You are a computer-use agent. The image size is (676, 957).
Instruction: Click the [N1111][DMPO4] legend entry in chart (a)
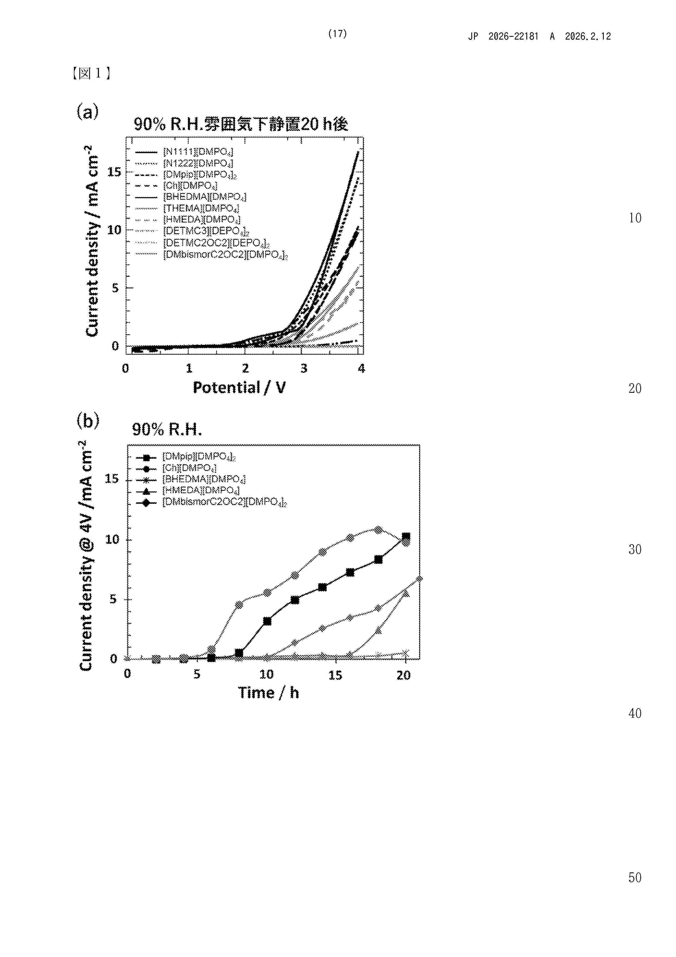(x=198, y=152)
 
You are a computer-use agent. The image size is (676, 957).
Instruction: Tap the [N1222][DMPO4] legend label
(x=198, y=163)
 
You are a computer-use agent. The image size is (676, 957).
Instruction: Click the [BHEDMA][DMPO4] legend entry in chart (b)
(x=204, y=479)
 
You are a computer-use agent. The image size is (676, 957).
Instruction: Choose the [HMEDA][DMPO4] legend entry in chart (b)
(x=201, y=490)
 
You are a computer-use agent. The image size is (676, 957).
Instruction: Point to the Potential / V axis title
(x=239, y=388)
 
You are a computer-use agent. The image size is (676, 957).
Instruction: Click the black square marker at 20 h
(x=406, y=536)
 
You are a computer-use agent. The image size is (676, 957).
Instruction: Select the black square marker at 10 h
(x=267, y=621)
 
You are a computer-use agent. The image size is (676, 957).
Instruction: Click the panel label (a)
(x=87, y=111)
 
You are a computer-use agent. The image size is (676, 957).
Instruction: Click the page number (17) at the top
(x=337, y=34)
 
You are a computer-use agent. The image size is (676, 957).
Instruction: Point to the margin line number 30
(x=635, y=549)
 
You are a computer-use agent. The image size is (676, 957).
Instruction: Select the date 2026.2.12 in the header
(x=588, y=36)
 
